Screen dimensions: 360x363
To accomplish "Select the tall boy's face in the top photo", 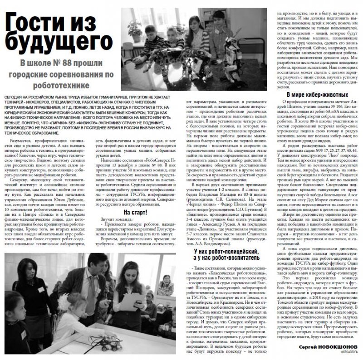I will click(167, 21).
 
